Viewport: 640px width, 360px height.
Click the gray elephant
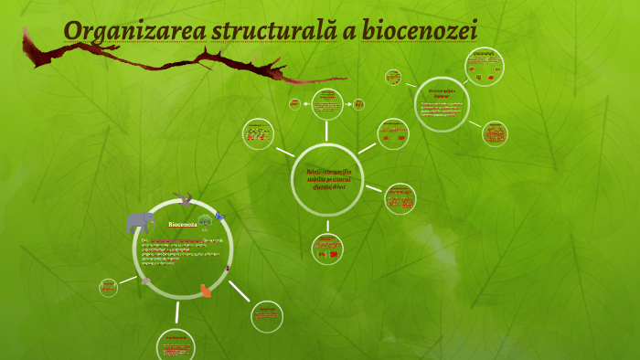coord(140,221)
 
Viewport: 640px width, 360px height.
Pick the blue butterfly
coord(219,217)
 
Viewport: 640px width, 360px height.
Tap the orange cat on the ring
coord(205,291)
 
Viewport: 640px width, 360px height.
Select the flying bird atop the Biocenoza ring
coord(187,197)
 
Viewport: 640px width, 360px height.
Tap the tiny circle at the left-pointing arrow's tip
coord(294,104)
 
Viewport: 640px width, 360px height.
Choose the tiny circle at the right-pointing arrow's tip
coord(358,104)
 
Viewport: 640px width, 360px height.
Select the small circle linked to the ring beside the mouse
coord(109,287)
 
